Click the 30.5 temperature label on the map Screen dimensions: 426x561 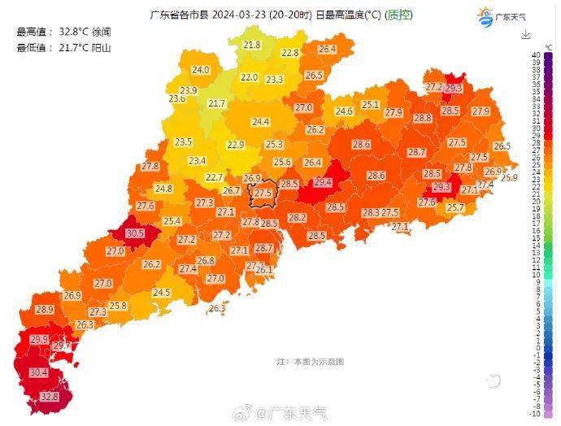pos(135,233)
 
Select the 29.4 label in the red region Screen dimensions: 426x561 pos(323,182)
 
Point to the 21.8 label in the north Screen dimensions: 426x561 pos(252,45)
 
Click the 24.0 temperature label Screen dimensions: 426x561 pos(200,70)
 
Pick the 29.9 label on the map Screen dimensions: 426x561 pos(39,339)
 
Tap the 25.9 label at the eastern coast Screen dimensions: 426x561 pos(509,177)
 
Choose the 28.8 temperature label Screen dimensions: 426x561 pos(422,118)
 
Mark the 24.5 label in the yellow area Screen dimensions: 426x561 pos(162,293)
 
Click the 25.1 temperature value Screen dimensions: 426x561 pos(371,104)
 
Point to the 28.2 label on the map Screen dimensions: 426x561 pos(297,217)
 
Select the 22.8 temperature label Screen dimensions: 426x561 pos(289,53)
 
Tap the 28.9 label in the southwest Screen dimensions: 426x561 pos(44,310)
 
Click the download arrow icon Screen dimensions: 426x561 pos(526,34)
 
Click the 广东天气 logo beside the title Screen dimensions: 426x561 pos(504,16)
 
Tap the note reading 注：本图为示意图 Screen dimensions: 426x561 pos(311,360)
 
